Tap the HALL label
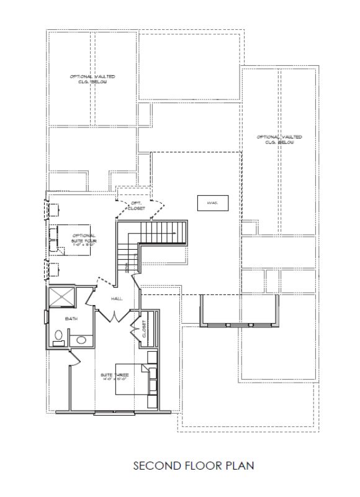[x=117, y=299]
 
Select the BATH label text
[x=71, y=318]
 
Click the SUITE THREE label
[x=114, y=375]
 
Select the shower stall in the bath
[x=63, y=296]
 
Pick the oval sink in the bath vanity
[x=79, y=339]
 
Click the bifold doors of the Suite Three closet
[x=135, y=329]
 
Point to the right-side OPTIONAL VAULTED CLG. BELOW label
[x=279, y=139]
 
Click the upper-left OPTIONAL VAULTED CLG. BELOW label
[x=92, y=79]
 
